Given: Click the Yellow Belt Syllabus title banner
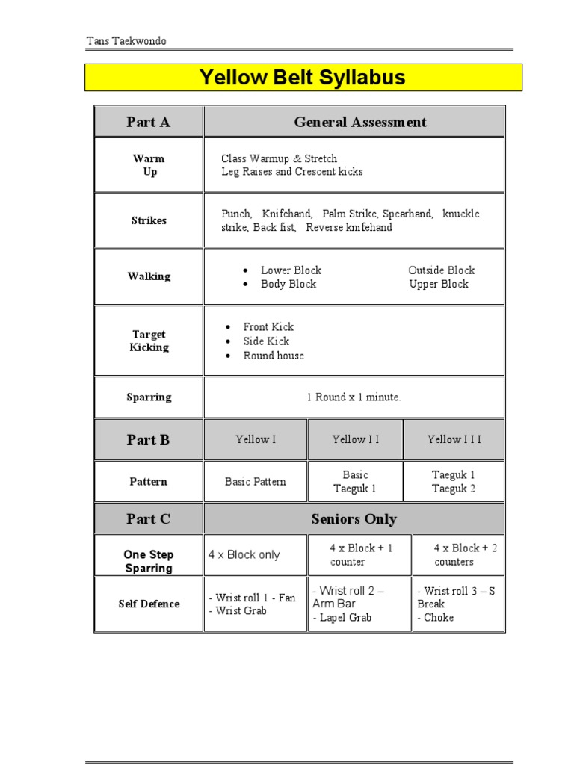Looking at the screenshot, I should tap(303, 77).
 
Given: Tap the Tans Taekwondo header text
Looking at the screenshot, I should tap(126, 41).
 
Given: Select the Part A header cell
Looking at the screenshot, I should tap(148, 122).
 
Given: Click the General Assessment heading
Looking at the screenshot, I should tap(360, 122).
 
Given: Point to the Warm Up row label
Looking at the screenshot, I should tap(149, 165).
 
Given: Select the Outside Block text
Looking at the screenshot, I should tap(441, 270).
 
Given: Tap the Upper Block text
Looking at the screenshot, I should tap(439, 284).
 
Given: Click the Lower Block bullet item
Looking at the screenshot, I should tap(291, 270).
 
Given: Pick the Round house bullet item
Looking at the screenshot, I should tap(274, 356).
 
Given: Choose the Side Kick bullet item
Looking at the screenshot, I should tap(266, 341).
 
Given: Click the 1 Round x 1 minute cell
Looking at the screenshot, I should tap(354, 397).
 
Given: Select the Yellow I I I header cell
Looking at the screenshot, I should tap(454, 439).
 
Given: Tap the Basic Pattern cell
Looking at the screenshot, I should tap(255, 482).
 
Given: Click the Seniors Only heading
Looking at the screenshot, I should tap(354, 519).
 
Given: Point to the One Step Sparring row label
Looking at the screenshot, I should tap(149, 561).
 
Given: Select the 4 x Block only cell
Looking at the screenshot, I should tap(244, 554).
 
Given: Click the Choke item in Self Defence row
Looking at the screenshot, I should tap(438, 617).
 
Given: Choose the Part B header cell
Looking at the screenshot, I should tap(148, 439).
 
